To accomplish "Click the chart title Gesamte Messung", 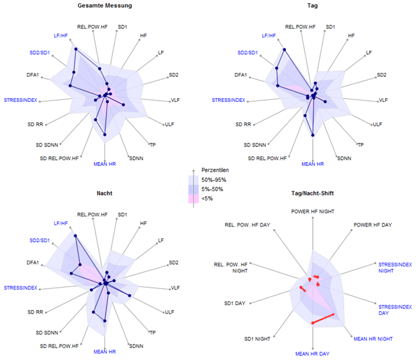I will [x=104, y=6].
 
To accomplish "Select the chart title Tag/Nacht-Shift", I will [x=312, y=193].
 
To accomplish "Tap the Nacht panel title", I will [x=104, y=193].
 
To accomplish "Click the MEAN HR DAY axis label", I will [x=312, y=354].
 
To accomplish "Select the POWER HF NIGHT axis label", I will [x=313, y=211].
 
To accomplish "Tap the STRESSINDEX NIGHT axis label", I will [x=395, y=267].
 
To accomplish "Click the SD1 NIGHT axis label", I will [x=257, y=338].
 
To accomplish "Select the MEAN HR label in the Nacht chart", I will [x=104, y=352].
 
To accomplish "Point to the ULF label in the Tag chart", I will [x=377, y=124].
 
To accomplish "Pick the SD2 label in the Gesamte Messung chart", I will [x=173, y=75].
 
